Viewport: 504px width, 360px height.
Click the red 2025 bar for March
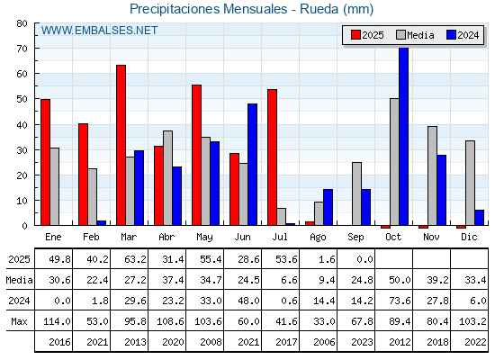pos(121,145)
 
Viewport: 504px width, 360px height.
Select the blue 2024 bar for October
pos(404,136)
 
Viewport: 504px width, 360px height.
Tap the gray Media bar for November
pos(432,175)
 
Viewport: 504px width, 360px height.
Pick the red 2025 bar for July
pos(272,157)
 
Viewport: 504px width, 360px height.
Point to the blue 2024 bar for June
pos(252,165)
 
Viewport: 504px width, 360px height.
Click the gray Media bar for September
pos(356,193)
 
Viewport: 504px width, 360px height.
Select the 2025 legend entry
pos(367,35)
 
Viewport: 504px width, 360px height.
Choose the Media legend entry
pos(415,35)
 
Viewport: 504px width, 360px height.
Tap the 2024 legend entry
pos(463,35)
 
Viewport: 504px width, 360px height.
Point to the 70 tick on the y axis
pos(22,49)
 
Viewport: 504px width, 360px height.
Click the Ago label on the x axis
pos(318,238)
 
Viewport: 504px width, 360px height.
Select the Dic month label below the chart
pos(469,237)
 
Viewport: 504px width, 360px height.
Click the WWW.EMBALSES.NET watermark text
pos(99,31)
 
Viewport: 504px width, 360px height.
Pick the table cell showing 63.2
pos(135,259)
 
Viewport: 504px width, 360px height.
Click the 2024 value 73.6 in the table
pos(400,301)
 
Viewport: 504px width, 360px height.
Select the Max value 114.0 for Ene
pos(57,321)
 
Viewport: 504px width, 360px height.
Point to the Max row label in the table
pos(19,321)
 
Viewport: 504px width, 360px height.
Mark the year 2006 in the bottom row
pos(324,342)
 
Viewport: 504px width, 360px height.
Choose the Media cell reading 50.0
pos(400,280)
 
